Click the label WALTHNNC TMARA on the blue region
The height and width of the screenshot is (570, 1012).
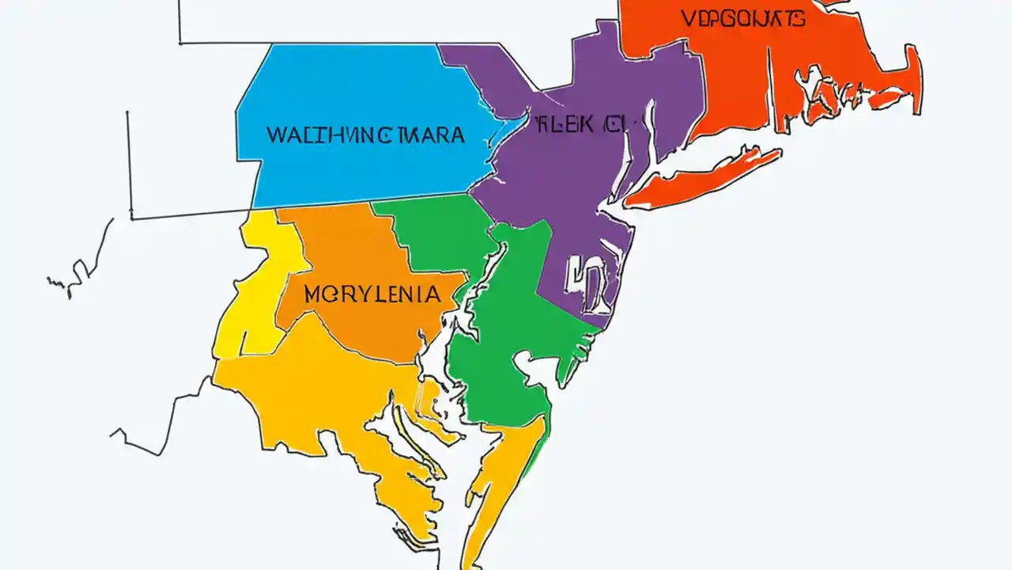(365, 135)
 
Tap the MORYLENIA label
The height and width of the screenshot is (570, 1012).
(372, 295)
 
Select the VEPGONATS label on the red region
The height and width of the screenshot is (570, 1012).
(742, 18)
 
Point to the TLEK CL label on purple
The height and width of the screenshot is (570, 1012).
(576, 123)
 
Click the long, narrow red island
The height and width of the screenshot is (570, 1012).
(704, 179)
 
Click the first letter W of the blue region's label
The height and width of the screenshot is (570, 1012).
(275, 135)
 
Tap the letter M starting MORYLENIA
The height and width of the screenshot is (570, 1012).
(312, 295)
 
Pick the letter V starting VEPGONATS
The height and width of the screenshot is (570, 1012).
(686, 18)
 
